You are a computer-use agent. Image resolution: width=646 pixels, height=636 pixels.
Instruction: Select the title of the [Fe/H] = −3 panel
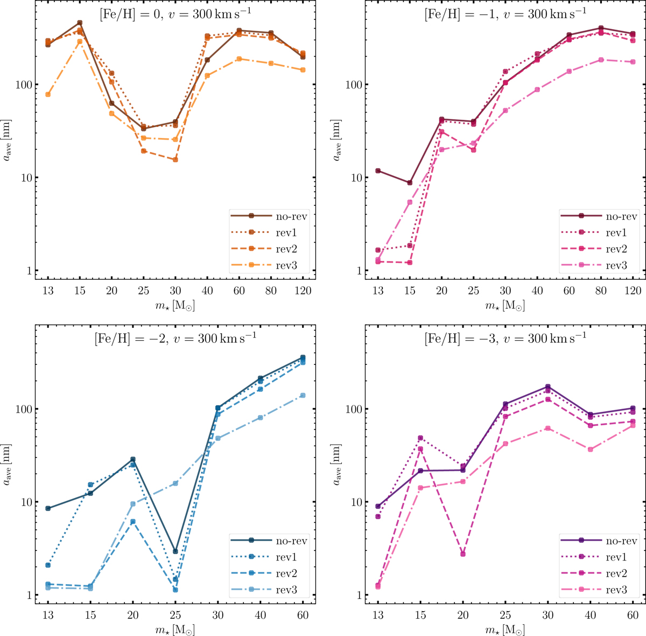pos(505,338)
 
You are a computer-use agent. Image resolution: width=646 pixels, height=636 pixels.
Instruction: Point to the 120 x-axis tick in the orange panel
pos(303,291)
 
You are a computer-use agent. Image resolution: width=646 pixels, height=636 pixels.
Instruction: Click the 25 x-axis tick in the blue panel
pos(175,615)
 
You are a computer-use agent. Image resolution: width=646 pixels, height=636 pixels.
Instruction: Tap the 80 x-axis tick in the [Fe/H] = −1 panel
pos(601,291)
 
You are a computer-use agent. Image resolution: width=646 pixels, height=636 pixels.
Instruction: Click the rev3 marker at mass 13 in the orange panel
pos(48,94)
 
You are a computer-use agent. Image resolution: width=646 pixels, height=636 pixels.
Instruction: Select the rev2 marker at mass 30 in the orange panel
pos(175,160)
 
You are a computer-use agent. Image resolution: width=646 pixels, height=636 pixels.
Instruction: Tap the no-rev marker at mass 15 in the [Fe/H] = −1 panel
pos(410,183)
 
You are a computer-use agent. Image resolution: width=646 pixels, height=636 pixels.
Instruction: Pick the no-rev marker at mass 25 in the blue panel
pos(175,551)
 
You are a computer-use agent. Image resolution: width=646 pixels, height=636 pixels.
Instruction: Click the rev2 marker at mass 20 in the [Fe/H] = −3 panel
pos(463,554)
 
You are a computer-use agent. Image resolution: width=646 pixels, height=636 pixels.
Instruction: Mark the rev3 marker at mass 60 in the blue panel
pos(303,395)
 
